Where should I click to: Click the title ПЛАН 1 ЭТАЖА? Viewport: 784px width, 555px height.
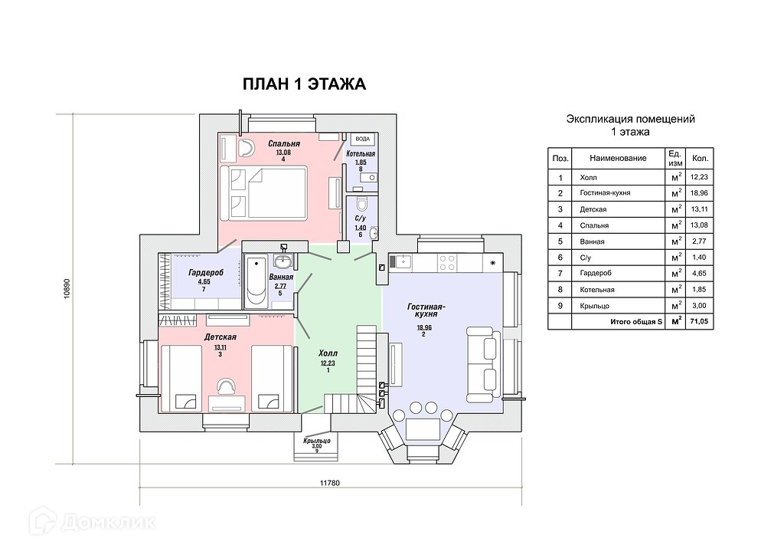pyautogui.click(x=304, y=84)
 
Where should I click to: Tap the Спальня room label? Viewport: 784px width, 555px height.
pyautogui.click(x=283, y=143)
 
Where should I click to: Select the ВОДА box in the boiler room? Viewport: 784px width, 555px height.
pyautogui.click(x=362, y=139)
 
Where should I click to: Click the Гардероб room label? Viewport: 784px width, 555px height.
pyautogui.click(x=204, y=272)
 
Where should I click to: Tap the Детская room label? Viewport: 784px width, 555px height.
pyautogui.click(x=220, y=337)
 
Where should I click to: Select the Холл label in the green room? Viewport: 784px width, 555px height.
pyautogui.click(x=328, y=353)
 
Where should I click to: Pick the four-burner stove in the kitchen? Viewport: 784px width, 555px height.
pyautogui.click(x=447, y=261)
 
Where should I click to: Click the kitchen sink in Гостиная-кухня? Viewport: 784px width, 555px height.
pyautogui.click(x=402, y=261)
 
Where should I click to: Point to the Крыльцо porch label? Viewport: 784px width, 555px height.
pyautogui.click(x=316, y=440)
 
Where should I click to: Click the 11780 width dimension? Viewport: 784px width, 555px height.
pyautogui.click(x=329, y=483)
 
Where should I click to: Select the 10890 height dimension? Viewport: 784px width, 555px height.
pyautogui.click(x=66, y=291)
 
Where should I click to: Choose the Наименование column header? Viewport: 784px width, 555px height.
pyautogui.click(x=618, y=158)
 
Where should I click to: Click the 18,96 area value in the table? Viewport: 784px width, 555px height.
pyautogui.click(x=699, y=193)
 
